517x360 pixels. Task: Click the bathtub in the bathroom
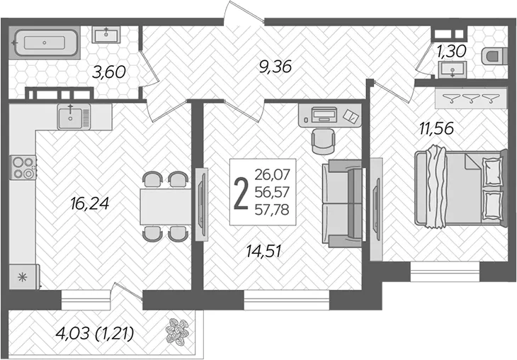tap(45, 43)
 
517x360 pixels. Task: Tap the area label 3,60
tap(109, 72)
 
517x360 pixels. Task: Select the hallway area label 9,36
tap(275, 67)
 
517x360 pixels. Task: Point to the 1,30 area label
tap(451, 51)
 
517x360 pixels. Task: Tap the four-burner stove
tap(23, 168)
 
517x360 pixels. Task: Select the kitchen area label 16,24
tap(89, 203)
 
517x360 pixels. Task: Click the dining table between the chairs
tap(166, 206)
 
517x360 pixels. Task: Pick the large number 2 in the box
tap(241, 193)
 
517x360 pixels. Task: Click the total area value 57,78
tap(272, 210)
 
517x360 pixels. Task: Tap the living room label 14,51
tap(263, 252)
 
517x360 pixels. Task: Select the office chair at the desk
tap(324, 141)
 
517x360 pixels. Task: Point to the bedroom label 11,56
tap(436, 128)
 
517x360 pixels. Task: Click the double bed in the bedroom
tap(460, 188)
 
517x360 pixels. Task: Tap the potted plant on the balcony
tap(178, 331)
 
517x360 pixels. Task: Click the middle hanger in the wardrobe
tap(471, 98)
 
